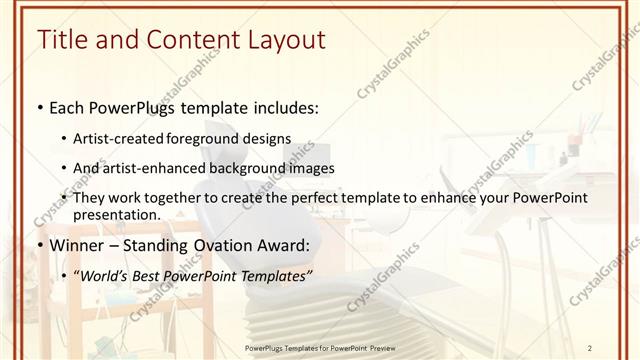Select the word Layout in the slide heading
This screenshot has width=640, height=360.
[280, 40]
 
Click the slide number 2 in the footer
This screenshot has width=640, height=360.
[590, 347]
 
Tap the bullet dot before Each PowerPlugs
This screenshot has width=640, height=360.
[39, 108]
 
